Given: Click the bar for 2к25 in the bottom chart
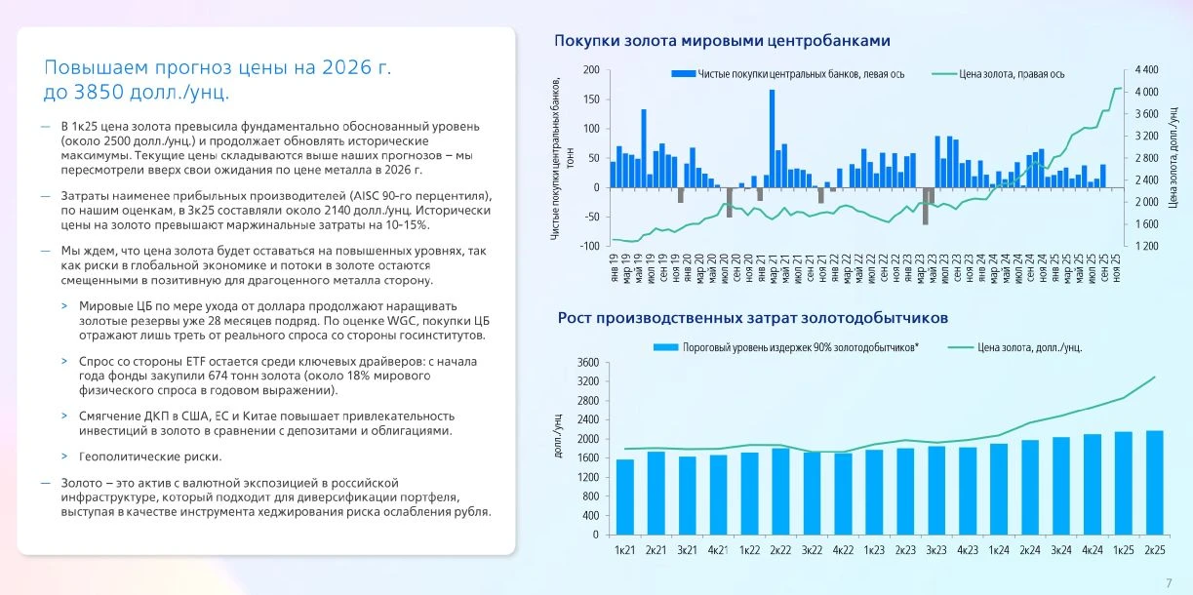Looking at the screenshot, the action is pyautogui.click(x=1155, y=483).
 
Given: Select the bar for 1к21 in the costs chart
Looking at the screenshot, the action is pyautogui.click(x=624, y=497).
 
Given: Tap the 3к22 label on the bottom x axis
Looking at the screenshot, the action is pyautogui.click(x=812, y=550).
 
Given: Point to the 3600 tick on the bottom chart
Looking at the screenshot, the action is pyautogui.click(x=588, y=363).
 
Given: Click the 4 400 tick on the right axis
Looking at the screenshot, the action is pyautogui.click(x=1146, y=70).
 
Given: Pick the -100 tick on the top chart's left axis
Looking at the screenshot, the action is pyautogui.click(x=589, y=246).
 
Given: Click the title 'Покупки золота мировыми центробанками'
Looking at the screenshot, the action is pyautogui.click(x=722, y=41).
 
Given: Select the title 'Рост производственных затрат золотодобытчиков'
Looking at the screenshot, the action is pyautogui.click(x=752, y=318).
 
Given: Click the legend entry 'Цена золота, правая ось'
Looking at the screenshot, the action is pyautogui.click(x=998, y=74).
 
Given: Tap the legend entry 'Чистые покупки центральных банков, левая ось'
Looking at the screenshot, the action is pyautogui.click(x=788, y=74).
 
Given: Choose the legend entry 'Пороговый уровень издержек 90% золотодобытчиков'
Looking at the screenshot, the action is pyautogui.click(x=786, y=348).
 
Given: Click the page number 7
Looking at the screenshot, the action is pyautogui.click(x=1169, y=583).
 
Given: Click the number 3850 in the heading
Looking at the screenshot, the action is pyautogui.click(x=99, y=93).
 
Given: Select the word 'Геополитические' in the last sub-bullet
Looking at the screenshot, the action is pyautogui.click(x=124, y=457).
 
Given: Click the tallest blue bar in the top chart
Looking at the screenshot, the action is pyautogui.click(x=772, y=139).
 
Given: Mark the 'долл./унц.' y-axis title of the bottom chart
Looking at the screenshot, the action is pyautogui.click(x=558, y=435).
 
